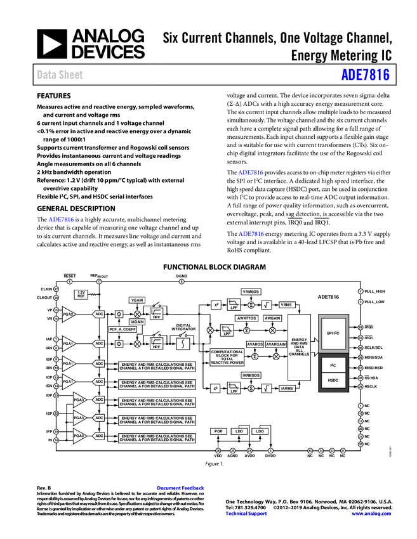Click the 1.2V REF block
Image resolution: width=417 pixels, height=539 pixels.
[x=81, y=294]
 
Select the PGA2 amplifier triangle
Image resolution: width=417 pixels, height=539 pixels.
[x=69, y=314]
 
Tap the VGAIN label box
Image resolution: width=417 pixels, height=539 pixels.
[x=137, y=300]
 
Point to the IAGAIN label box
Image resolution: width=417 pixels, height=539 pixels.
[x=137, y=321]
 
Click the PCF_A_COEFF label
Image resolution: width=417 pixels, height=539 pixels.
[x=122, y=329]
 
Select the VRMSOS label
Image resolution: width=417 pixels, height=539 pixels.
[x=251, y=292]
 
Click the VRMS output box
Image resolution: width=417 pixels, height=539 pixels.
[x=287, y=305]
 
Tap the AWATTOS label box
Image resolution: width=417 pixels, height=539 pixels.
[x=246, y=318]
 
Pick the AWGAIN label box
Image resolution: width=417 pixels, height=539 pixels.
[x=272, y=318]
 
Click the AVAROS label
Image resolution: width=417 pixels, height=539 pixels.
[x=255, y=344]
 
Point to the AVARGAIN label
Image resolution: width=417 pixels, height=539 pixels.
[x=276, y=344]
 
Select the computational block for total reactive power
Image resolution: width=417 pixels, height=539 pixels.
[x=227, y=357]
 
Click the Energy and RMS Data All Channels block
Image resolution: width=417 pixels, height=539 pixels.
[x=299, y=347]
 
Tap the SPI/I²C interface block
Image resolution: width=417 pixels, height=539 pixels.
[x=334, y=333]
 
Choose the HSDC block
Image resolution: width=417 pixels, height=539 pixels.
[x=334, y=380]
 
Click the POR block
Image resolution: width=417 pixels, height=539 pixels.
[x=218, y=431]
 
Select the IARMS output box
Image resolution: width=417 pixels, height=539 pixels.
[x=287, y=388]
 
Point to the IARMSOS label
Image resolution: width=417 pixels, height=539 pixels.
[x=251, y=375]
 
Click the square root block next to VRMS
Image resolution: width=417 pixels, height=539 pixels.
[x=267, y=305]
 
